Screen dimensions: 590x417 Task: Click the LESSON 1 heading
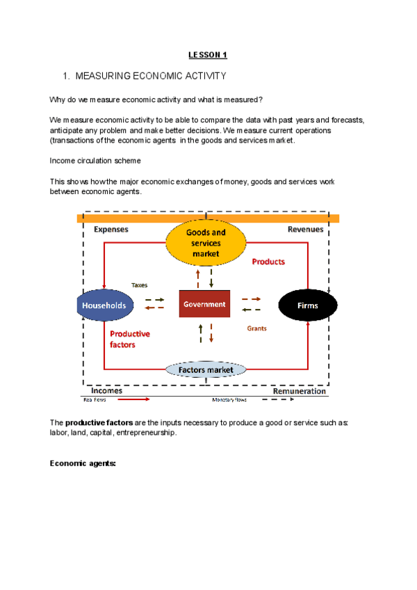[x=208, y=54]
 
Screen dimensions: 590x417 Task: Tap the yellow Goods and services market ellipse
[x=206, y=244]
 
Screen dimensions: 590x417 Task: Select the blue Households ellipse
[x=104, y=305]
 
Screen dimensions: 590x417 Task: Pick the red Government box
[x=204, y=304]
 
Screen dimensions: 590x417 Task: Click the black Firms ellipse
[x=307, y=305]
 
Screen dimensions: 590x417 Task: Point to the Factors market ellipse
[x=206, y=370]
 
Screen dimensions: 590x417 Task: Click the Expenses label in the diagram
[x=111, y=229]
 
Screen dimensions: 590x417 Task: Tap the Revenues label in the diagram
[x=305, y=229]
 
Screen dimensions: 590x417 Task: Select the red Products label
[x=268, y=262]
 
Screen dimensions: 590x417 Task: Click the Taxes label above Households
[x=139, y=285]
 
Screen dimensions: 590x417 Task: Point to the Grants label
[x=257, y=328]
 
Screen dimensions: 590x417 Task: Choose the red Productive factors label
[x=129, y=339]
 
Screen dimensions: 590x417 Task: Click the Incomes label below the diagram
[x=107, y=391]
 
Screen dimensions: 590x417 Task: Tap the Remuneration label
[x=299, y=391]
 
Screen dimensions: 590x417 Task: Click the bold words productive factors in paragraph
[x=95, y=423]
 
